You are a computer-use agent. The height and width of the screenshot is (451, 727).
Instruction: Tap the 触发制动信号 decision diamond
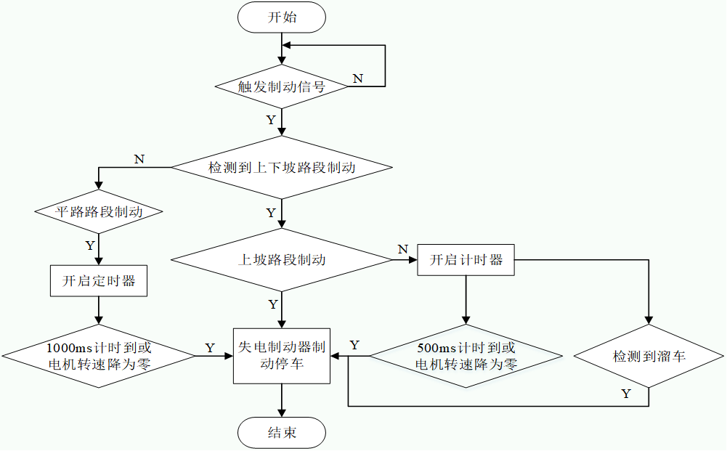click(x=282, y=86)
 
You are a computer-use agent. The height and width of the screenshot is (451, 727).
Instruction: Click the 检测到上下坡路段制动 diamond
click(x=282, y=168)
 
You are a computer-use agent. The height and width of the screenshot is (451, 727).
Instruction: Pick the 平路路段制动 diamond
click(x=98, y=212)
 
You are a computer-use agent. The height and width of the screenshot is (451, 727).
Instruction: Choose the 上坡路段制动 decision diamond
click(x=282, y=259)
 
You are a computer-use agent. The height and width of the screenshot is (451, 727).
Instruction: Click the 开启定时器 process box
click(x=98, y=281)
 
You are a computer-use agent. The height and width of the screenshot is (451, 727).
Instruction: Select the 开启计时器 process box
click(x=466, y=259)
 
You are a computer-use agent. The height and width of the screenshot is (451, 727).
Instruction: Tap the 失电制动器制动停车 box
click(x=282, y=355)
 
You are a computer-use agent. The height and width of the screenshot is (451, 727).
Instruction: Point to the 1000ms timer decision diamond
click(x=98, y=356)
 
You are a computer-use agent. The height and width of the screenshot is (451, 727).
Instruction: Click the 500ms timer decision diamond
click(x=466, y=356)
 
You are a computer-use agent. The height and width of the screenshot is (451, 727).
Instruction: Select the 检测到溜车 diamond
click(x=649, y=357)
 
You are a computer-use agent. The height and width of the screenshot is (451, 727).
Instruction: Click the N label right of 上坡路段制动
click(x=402, y=250)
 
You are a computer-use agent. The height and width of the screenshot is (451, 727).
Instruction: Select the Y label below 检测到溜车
click(x=626, y=394)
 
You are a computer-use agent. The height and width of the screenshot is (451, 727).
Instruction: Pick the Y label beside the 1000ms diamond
click(x=210, y=348)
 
